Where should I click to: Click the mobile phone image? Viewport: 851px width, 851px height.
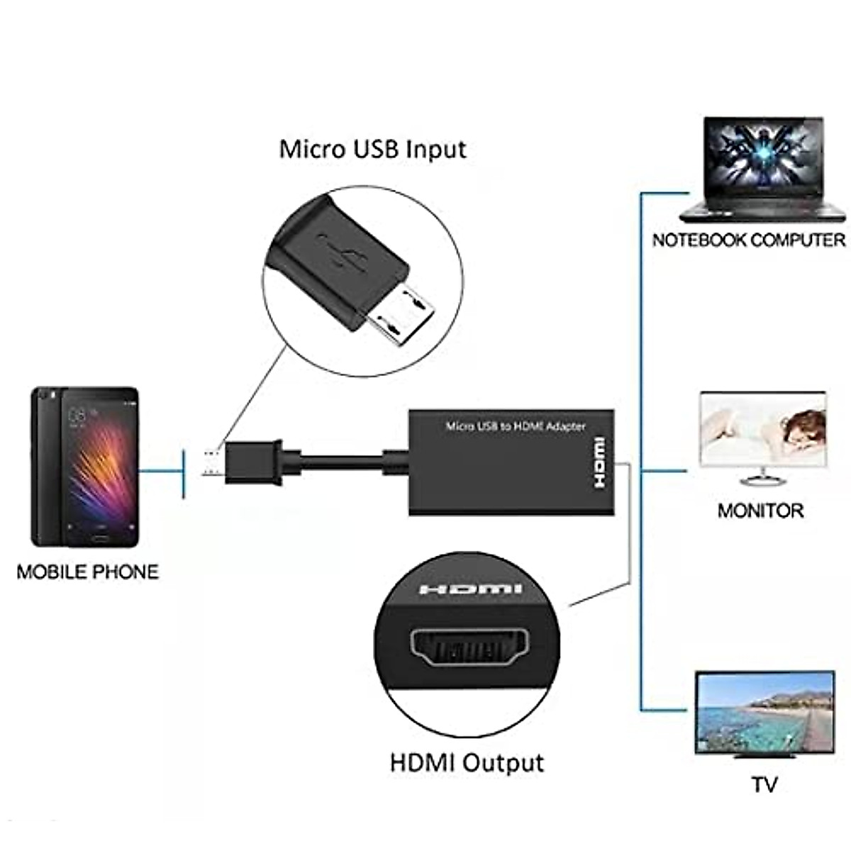click(x=85, y=467)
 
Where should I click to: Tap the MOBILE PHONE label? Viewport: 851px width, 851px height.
click(x=87, y=572)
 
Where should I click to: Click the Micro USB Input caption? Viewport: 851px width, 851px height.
click(x=372, y=150)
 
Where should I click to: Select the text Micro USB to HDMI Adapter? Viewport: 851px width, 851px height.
click(x=516, y=426)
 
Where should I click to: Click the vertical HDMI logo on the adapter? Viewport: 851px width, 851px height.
click(x=599, y=463)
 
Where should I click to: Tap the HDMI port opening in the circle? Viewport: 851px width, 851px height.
click(x=469, y=647)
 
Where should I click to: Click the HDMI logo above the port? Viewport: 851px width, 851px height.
click(x=470, y=589)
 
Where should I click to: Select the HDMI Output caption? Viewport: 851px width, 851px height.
click(x=467, y=763)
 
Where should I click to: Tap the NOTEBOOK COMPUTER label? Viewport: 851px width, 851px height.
click(x=749, y=240)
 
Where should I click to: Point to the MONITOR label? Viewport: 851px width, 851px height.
click(x=760, y=511)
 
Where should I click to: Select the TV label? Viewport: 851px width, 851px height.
click(x=764, y=784)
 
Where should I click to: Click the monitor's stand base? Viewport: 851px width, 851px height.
click(x=763, y=482)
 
